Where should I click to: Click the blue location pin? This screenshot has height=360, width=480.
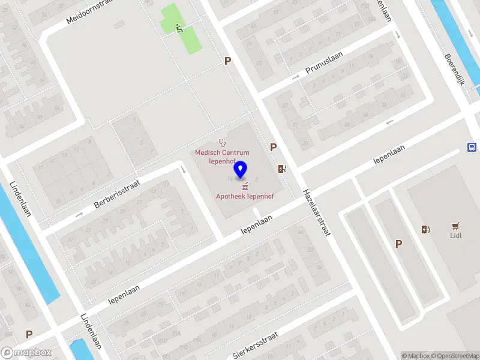[241, 170]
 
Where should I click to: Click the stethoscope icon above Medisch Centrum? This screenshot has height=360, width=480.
[223, 143]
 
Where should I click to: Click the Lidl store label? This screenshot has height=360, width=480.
[457, 236]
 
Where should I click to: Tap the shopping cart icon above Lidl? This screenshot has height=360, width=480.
[456, 226]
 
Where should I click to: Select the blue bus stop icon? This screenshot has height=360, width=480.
[472, 148]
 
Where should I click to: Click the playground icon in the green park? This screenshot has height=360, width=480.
[179, 28]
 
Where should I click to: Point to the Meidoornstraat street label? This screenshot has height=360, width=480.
[91, 11]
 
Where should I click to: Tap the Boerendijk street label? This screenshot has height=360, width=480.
[454, 71]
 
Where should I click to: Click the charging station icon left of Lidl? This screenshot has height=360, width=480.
[426, 229]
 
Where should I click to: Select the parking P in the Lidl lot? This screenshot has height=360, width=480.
[398, 244]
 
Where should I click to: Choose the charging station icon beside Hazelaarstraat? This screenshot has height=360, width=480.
[282, 169]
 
